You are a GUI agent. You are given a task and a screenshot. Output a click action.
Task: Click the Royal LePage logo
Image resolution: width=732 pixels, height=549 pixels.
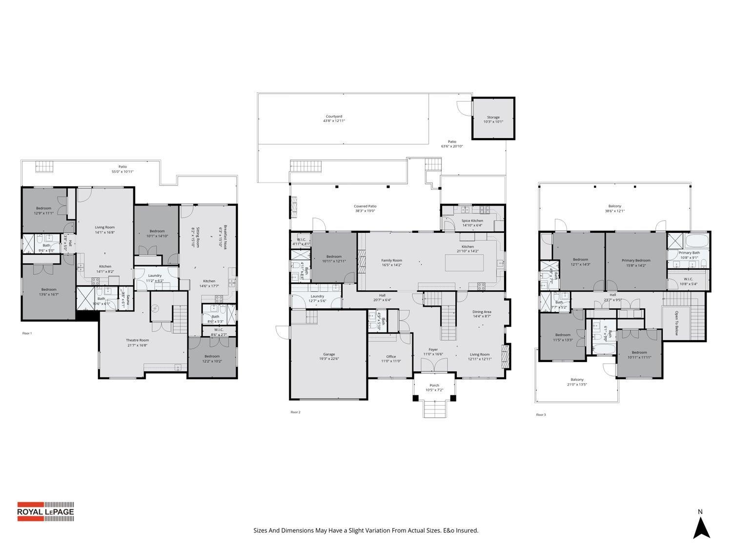(46, 511)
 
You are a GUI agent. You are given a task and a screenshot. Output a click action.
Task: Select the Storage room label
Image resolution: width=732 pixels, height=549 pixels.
(493, 117)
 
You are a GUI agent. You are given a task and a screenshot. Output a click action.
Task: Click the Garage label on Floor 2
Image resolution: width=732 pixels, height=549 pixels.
(329, 354)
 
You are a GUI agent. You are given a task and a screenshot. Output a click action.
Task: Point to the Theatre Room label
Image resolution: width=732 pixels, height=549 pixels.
(137, 340)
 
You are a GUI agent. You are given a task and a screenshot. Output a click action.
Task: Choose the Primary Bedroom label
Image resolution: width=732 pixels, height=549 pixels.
(636, 261)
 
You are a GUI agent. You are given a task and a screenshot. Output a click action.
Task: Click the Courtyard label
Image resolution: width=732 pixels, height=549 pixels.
(334, 117)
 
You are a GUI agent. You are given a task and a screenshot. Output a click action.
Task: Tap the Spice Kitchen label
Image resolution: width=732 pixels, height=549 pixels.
(472, 221)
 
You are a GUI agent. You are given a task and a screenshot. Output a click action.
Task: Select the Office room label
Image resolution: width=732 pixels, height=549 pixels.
(391, 356)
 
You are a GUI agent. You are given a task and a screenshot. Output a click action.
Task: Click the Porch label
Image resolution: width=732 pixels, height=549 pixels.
(434, 386)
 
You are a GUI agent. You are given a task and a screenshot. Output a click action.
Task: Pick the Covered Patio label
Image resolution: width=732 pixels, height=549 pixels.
(365, 206)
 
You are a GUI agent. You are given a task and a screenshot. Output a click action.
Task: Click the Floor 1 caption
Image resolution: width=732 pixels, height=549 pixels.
(27, 333)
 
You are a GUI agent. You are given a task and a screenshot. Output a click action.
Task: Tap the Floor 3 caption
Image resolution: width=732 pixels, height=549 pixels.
(541, 415)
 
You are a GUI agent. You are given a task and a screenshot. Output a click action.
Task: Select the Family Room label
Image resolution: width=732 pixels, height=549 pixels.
(391, 261)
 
